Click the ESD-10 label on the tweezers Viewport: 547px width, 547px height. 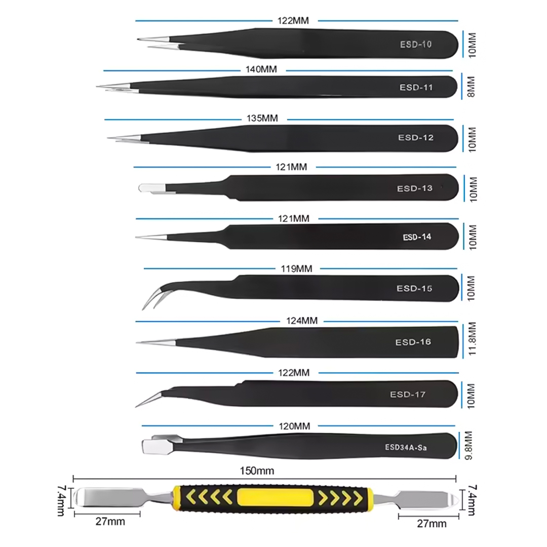415,44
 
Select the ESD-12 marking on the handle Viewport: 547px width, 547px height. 416,137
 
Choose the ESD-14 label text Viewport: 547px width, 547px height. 417,237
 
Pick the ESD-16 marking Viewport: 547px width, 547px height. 413,342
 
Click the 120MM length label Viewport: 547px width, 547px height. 295,426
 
